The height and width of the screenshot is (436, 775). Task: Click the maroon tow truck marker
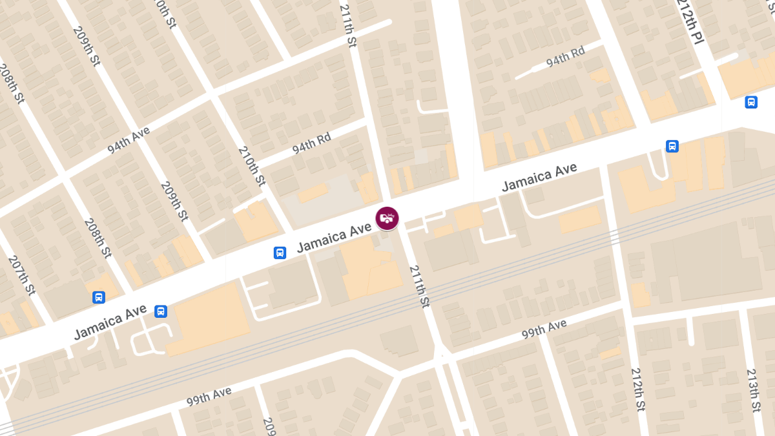click(387, 218)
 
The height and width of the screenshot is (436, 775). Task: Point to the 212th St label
click(638, 389)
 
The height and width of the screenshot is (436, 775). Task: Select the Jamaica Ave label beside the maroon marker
click(335, 237)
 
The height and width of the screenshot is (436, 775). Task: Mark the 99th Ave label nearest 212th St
click(544, 329)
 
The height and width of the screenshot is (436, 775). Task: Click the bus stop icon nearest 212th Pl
click(751, 102)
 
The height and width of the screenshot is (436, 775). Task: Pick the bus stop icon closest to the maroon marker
click(280, 253)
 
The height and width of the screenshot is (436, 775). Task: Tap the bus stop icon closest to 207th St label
click(99, 297)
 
